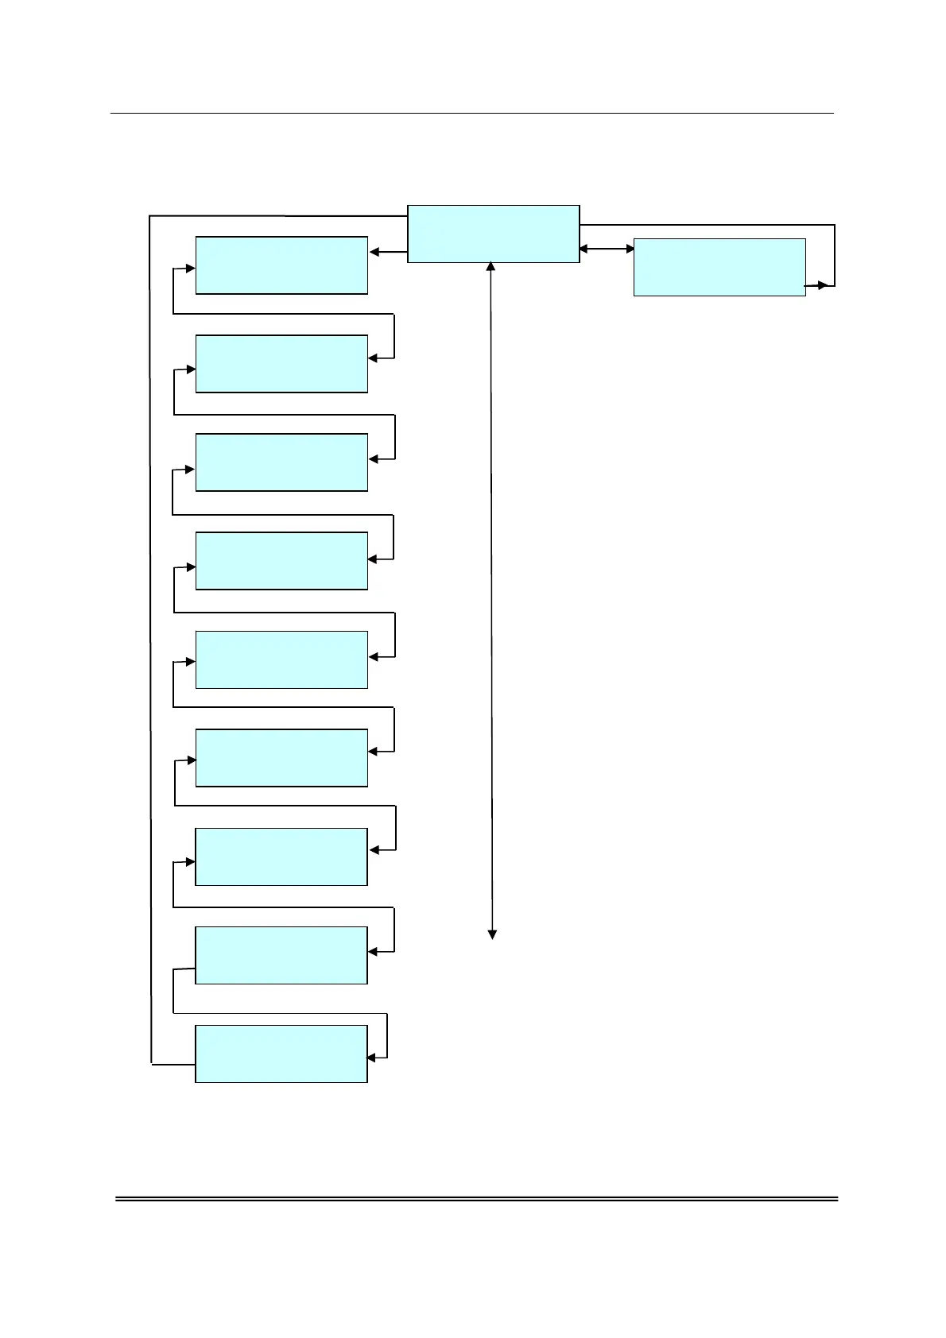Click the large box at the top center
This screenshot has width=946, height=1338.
(493, 234)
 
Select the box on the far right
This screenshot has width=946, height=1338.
(719, 267)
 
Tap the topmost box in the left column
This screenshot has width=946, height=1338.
(281, 265)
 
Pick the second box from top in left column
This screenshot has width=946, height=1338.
(281, 364)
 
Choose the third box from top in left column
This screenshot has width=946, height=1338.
(281, 462)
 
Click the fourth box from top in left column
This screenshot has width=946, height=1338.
(281, 561)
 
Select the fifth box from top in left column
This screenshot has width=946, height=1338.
(281, 659)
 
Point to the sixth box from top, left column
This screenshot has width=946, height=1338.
(281, 758)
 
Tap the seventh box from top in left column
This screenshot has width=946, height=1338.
(281, 857)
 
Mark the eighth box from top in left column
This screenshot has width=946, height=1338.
(281, 955)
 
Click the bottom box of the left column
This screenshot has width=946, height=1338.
(281, 1054)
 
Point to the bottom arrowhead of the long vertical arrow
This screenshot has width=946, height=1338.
(492, 934)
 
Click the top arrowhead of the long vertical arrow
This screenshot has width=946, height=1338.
(490, 267)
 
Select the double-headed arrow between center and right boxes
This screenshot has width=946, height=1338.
(607, 249)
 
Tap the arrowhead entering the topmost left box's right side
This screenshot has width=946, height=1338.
(374, 253)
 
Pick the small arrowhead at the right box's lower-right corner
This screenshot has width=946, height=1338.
(824, 285)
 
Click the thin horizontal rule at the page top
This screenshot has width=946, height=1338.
(471, 113)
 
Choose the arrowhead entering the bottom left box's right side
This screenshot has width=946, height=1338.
(371, 1058)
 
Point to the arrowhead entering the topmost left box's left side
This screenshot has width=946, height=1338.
(190, 269)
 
